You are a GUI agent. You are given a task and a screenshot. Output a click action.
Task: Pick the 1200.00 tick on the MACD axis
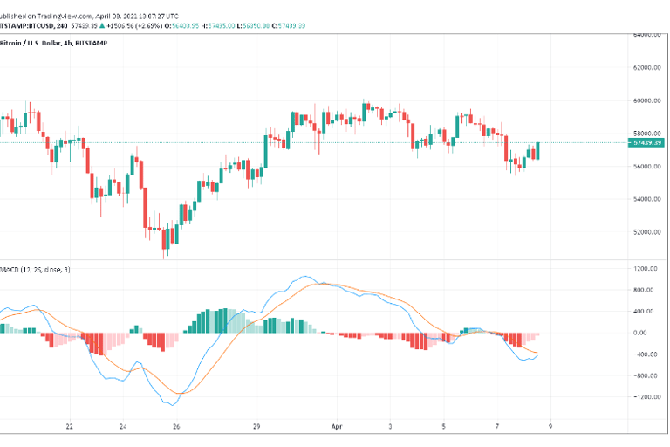[646, 268]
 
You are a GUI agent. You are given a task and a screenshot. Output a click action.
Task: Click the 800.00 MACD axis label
[646, 290]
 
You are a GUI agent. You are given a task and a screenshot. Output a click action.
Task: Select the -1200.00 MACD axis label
[646, 397]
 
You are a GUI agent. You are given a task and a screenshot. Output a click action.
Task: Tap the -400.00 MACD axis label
[646, 354]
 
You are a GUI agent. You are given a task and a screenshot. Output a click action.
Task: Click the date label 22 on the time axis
[70, 427]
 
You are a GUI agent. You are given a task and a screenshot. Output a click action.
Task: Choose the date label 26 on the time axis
[176, 427]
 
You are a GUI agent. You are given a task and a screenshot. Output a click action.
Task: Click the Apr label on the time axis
[337, 427]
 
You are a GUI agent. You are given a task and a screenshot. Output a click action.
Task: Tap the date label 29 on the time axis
[256, 427]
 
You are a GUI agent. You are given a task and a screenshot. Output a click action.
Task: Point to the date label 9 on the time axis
[550, 427]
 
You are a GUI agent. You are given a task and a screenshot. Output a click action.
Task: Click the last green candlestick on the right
[538, 150]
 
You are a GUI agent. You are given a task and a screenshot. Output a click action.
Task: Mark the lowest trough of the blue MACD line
[171, 405]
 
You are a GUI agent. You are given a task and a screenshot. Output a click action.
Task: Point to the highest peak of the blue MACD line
[305, 278]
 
